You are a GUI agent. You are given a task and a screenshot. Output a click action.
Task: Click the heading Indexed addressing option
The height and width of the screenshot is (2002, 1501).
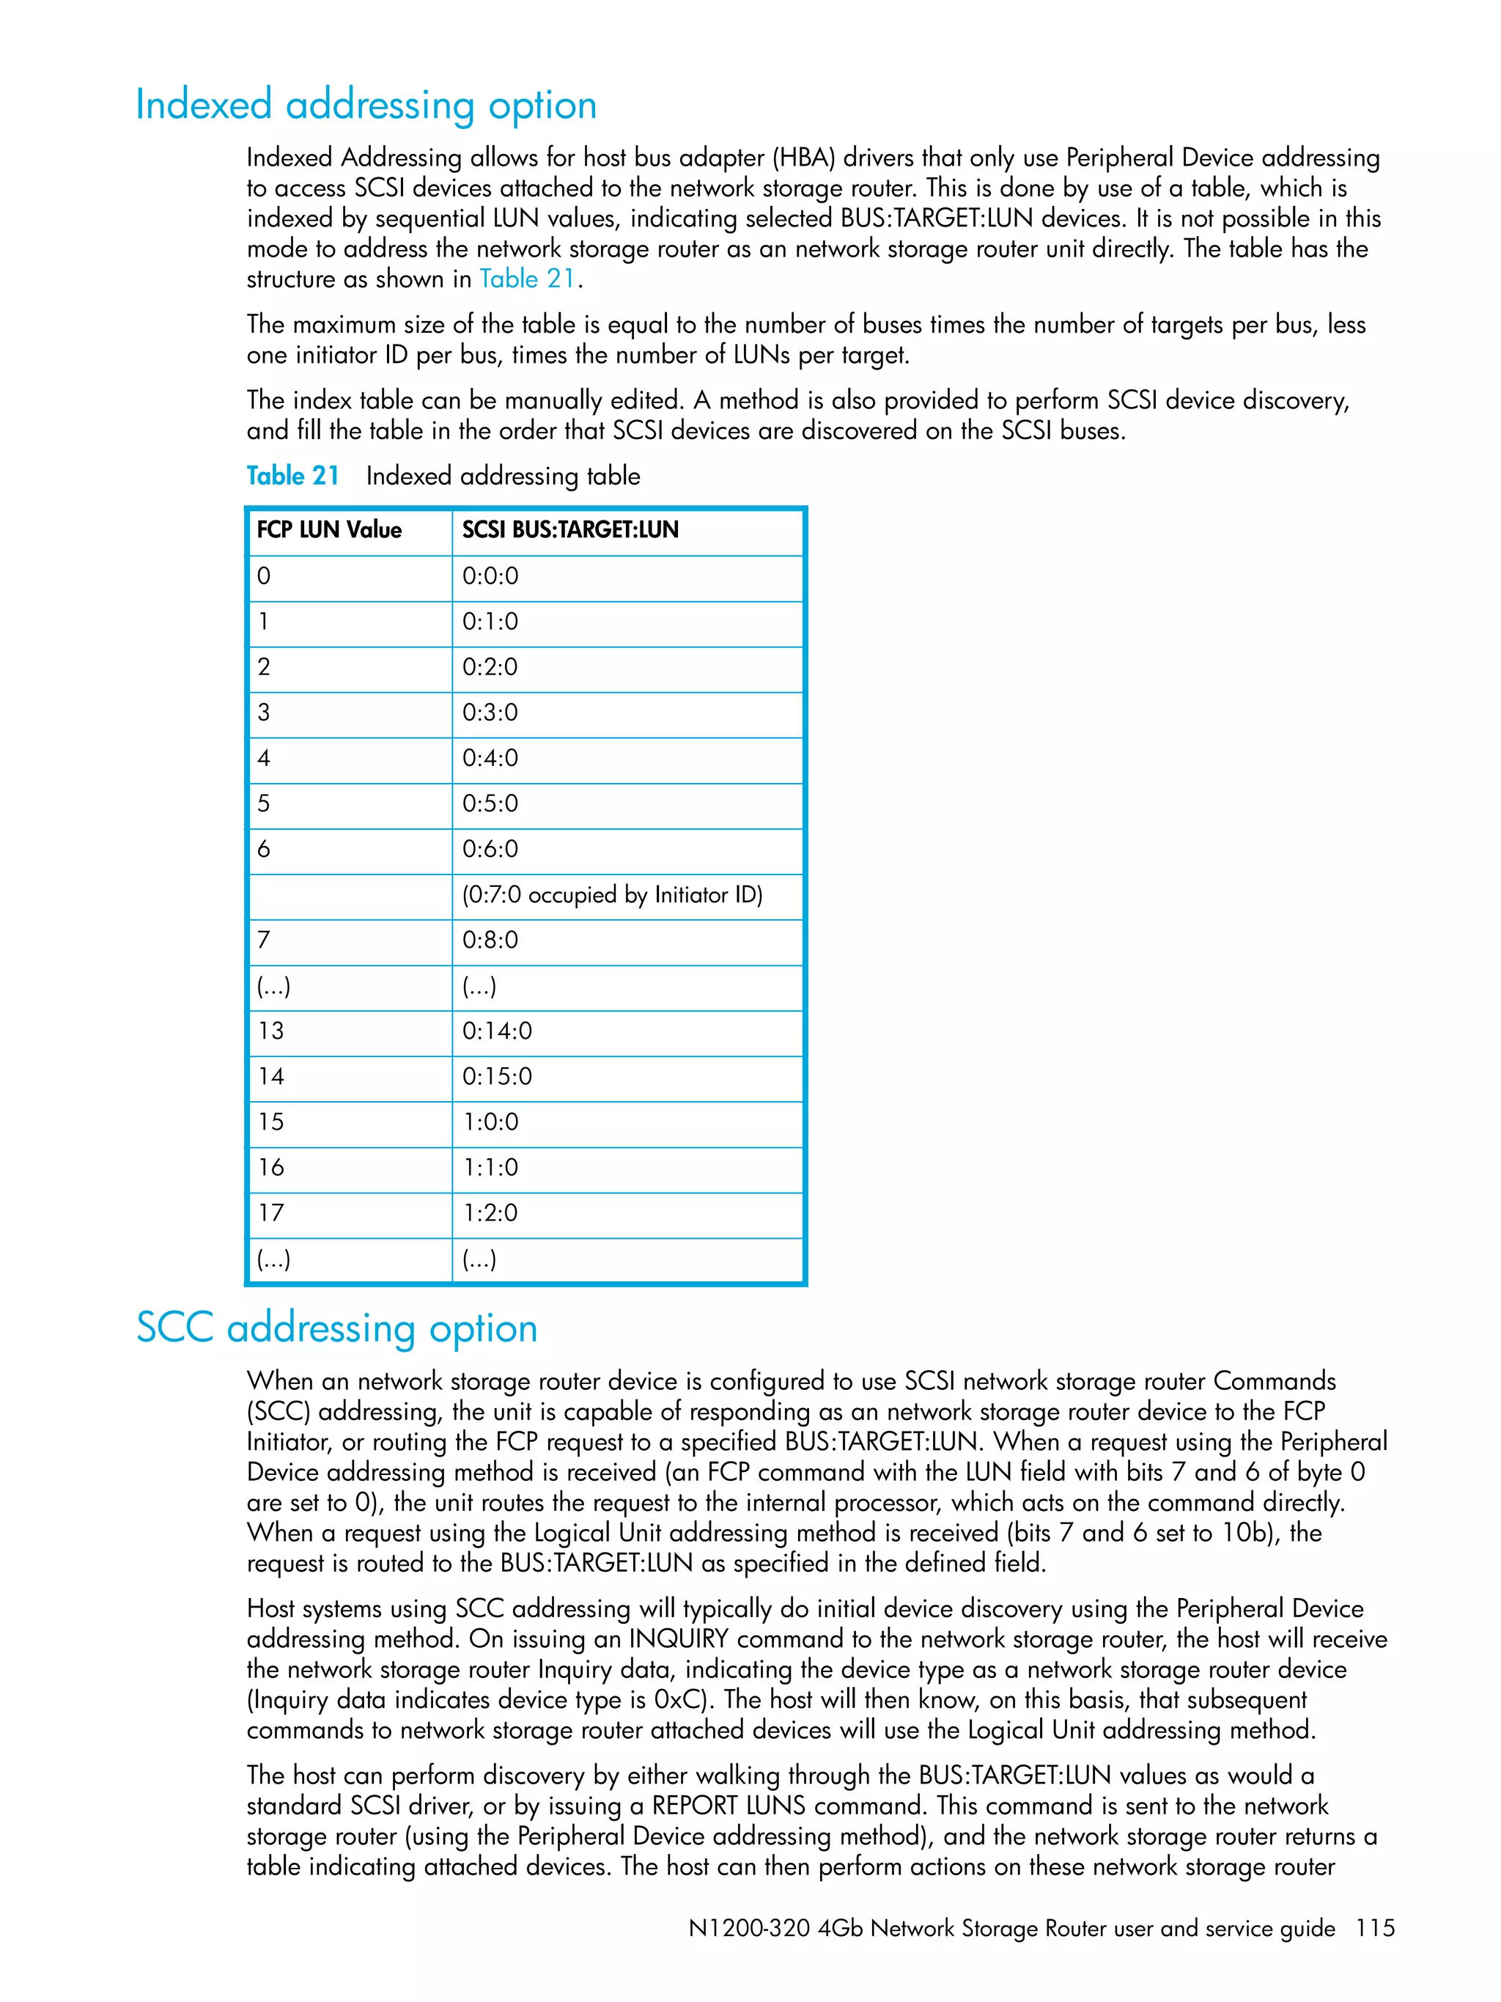pyautogui.click(x=366, y=105)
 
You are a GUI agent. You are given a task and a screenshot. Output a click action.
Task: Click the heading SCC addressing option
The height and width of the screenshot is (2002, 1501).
pyautogui.click(x=336, y=1328)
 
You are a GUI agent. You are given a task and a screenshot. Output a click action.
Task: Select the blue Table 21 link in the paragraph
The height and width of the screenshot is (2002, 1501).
pyautogui.click(x=526, y=279)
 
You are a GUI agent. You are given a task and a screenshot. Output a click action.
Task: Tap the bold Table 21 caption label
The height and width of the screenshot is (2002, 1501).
pyautogui.click(x=292, y=476)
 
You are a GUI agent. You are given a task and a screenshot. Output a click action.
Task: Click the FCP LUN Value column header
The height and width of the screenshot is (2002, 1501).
pyautogui.click(x=329, y=530)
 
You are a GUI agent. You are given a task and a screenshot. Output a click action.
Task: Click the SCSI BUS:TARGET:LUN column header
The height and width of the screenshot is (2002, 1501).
pyautogui.click(x=570, y=530)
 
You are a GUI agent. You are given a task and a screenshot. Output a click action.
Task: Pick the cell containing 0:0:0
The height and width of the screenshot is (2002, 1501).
pyautogui.click(x=490, y=576)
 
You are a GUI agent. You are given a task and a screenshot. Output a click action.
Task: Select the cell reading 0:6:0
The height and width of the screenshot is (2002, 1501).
pyautogui.click(x=490, y=849)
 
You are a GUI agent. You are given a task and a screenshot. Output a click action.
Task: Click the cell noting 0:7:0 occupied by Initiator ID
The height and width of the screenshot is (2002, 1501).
pyautogui.click(x=612, y=895)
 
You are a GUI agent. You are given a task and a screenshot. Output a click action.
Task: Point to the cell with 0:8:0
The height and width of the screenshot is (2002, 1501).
pyautogui.click(x=490, y=941)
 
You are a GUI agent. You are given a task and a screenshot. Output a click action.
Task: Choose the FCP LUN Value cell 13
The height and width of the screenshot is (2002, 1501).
pyautogui.click(x=270, y=1031)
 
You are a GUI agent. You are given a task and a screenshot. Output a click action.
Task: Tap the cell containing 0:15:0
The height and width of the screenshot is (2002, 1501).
pyautogui.click(x=497, y=1077)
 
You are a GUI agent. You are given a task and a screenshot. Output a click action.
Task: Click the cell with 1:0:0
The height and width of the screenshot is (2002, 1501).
pyautogui.click(x=490, y=1122)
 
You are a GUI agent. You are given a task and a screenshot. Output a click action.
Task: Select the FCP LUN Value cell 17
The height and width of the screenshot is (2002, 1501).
pyautogui.click(x=270, y=1212)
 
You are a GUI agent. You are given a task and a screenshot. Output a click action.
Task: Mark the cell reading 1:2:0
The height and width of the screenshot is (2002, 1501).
pyautogui.click(x=490, y=1212)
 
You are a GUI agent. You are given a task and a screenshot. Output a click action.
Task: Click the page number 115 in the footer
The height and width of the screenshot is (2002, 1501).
pyautogui.click(x=1374, y=1928)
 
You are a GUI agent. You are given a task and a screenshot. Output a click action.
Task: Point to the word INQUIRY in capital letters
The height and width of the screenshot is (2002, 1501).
pyautogui.click(x=679, y=1639)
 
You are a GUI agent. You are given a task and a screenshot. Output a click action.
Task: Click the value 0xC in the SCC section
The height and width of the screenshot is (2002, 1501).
pyautogui.click(x=679, y=1700)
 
